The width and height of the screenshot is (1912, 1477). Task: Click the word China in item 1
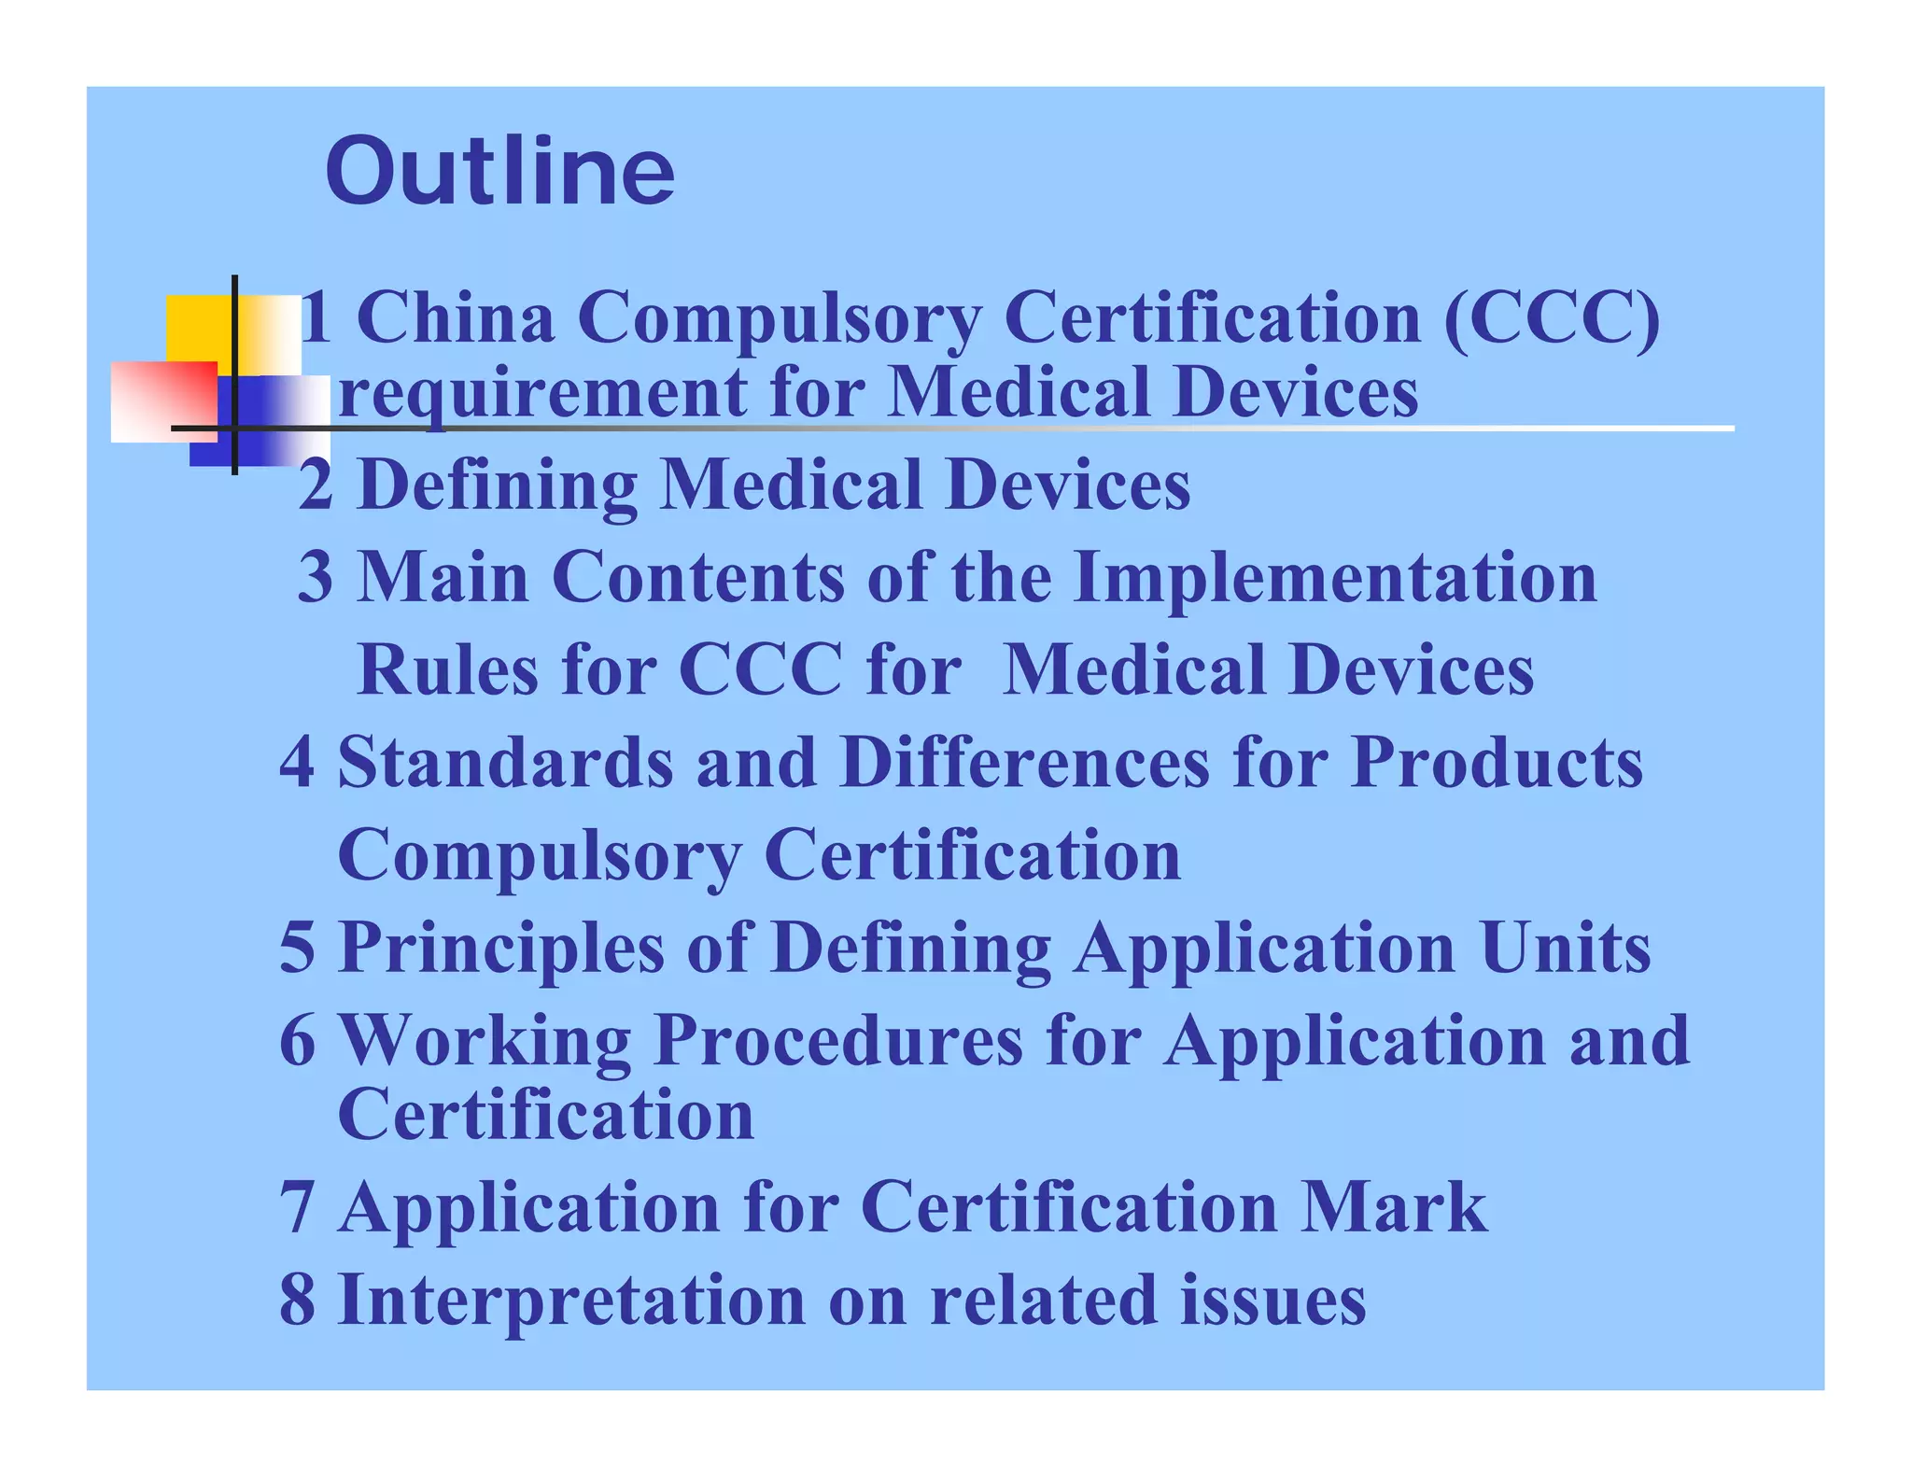click(x=456, y=318)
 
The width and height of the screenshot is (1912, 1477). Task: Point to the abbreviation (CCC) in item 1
click(x=1552, y=318)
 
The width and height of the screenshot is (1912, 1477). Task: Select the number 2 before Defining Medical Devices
click(x=316, y=485)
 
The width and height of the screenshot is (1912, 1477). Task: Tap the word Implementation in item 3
click(x=1335, y=577)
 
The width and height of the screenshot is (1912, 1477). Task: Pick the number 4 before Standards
click(x=297, y=762)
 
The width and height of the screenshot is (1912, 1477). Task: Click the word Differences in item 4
click(x=1024, y=762)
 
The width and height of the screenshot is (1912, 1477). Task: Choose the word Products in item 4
click(x=1497, y=762)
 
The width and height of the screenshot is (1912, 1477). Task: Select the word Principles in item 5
click(x=500, y=949)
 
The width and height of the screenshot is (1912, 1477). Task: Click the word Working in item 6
click(x=484, y=1040)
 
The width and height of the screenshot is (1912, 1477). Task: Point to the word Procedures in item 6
click(x=837, y=1040)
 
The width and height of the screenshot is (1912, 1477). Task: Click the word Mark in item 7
click(x=1394, y=1207)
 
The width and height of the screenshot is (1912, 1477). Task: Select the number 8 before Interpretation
click(x=297, y=1300)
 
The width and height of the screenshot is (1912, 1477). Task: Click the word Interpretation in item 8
click(x=570, y=1301)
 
